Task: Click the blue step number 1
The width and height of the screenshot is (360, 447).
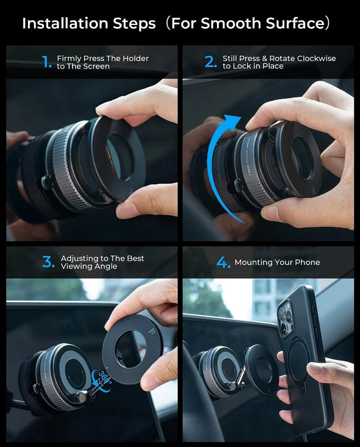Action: tap(47, 62)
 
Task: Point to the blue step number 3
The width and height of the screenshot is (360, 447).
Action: tap(48, 262)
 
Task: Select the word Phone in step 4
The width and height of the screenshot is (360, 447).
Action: tap(307, 263)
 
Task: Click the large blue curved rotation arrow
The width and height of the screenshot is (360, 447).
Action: tap(218, 163)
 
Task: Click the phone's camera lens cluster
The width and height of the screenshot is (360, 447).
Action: tap(286, 318)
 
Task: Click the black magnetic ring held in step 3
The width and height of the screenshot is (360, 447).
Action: tap(132, 349)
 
